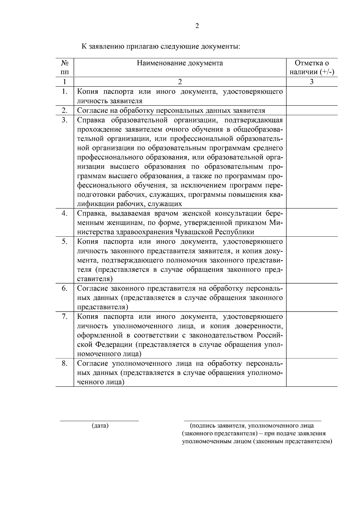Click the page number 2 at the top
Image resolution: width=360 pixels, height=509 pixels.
point(197,26)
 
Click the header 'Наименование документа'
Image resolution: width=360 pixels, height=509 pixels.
point(180,63)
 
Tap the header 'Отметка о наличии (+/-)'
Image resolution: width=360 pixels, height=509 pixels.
point(312,67)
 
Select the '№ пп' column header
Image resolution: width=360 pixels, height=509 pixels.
point(64,67)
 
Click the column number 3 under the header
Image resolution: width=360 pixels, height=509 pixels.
point(312,82)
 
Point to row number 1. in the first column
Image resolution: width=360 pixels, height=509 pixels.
point(64,91)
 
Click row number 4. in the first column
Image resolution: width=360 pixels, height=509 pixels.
point(64,213)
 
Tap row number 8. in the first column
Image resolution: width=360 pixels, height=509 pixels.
point(64,363)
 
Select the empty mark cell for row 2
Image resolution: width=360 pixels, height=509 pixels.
point(312,110)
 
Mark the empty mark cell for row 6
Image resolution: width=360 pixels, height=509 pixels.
point(312,298)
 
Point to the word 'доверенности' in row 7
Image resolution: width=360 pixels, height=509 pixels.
point(259,326)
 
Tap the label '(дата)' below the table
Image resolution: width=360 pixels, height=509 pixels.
point(100,425)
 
